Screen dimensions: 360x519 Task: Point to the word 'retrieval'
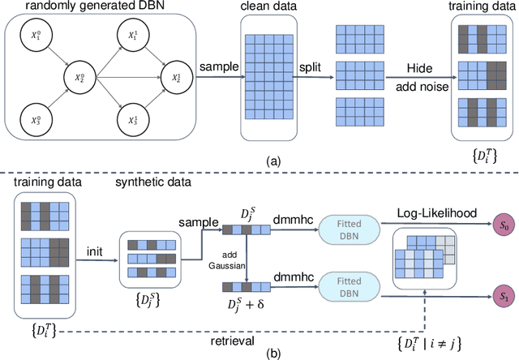[x=244, y=340]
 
